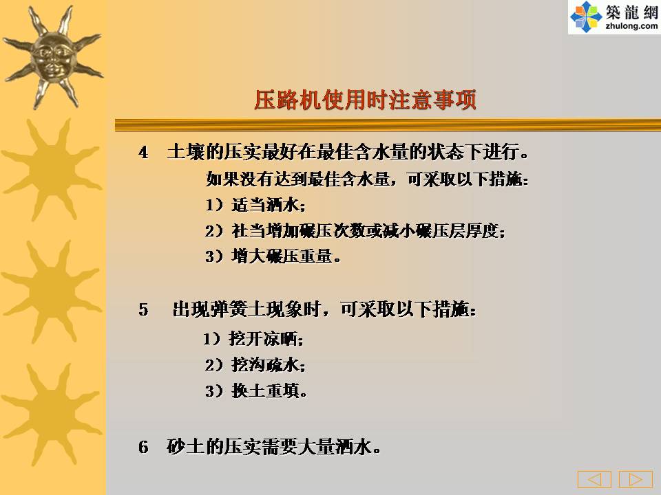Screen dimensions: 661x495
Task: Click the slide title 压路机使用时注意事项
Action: pyautogui.click(x=365, y=100)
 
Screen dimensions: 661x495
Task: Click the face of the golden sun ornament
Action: pyautogui.click(x=53, y=58)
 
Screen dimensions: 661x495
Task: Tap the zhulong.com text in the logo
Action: pyautogui.click(x=631, y=25)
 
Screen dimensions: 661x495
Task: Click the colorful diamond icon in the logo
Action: pyautogui.click(x=585, y=16)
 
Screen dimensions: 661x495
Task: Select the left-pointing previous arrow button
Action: pyautogui.click(x=594, y=479)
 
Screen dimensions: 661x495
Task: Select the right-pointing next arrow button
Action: pyautogui.click(x=636, y=479)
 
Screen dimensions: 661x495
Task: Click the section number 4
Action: pyautogui.click(x=143, y=153)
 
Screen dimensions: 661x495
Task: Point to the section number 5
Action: pyautogui.click(x=143, y=310)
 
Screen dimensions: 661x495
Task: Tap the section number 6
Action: pyautogui.click(x=143, y=447)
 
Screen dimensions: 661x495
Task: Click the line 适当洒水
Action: pyautogui.click(x=255, y=205)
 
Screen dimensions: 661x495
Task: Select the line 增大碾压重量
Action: pyautogui.click(x=273, y=256)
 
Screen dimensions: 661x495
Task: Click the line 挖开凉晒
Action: pyautogui.click(x=253, y=338)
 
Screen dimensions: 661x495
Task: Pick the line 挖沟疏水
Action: pyautogui.click(x=255, y=364)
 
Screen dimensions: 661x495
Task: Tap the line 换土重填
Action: pyautogui.click(x=256, y=390)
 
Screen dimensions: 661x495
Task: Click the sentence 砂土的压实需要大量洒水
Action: pyautogui.click(x=274, y=447)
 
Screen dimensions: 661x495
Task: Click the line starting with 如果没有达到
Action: pyautogui.click(x=367, y=179)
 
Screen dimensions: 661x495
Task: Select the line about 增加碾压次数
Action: pyautogui.click(x=355, y=231)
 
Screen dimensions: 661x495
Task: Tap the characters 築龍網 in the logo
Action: pyautogui.click(x=631, y=12)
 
